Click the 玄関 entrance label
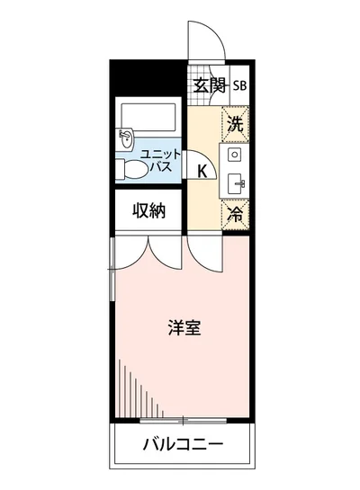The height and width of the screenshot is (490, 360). [208, 86]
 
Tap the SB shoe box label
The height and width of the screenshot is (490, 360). [240, 86]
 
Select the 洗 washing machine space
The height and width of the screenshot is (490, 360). [235, 124]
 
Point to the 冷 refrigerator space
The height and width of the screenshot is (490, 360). [235, 214]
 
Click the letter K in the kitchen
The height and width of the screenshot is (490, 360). [202, 171]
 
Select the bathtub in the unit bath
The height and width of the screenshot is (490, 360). [149, 116]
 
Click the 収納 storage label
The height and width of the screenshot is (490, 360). [150, 211]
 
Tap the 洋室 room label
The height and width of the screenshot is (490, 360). [184, 327]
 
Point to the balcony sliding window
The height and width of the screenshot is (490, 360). [183, 419]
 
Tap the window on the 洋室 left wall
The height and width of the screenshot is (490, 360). [112, 270]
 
